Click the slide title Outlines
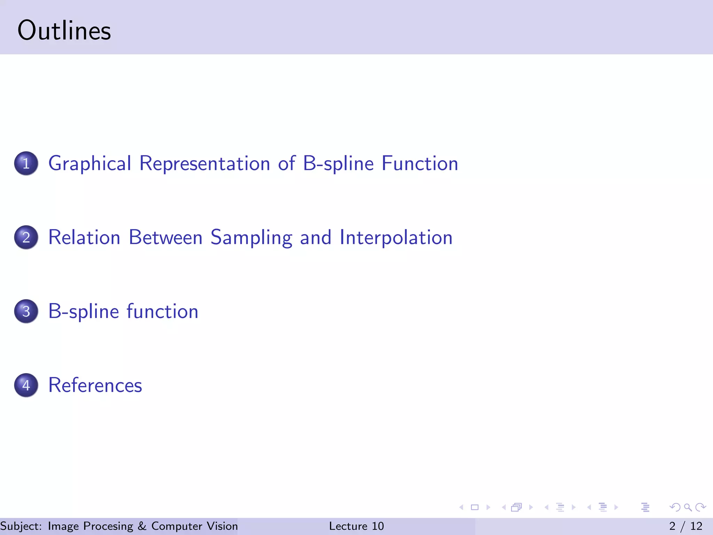pos(64,31)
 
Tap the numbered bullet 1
pos(26,163)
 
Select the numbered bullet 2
pos(26,237)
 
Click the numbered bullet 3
pos(26,311)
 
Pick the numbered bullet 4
pos(26,385)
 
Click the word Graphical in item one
pos(90,164)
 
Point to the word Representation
pos(205,163)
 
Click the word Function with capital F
pos(420,163)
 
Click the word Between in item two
pos(166,237)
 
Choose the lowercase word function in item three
pos(162,311)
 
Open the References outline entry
pos(95,385)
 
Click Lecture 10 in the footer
pos(356,526)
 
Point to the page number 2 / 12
pos(685,526)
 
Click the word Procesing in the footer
pos(108,526)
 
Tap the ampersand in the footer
pos(142,526)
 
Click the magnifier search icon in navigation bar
pos(688,507)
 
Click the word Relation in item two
pos(84,237)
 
